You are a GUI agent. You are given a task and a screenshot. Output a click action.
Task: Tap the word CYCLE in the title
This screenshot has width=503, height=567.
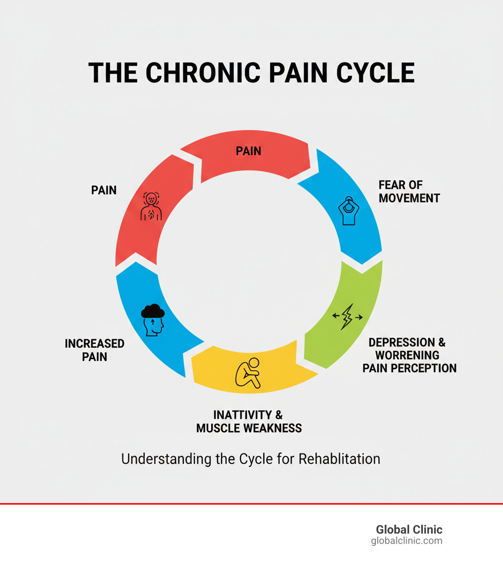pyautogui.click(x=376, y=73)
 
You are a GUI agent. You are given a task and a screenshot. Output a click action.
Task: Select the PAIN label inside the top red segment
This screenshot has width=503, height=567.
pyautogui.click(x=249, y=151)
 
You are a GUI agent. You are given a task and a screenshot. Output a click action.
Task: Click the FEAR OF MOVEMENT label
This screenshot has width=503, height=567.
pyautogui.click(x=409, y=192)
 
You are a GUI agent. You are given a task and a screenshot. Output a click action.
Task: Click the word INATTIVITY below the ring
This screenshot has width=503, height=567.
pyautogui.click(x=241, y=415)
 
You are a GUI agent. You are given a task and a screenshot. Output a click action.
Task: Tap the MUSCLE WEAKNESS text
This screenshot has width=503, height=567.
pyautogui.click(x=249, y=428)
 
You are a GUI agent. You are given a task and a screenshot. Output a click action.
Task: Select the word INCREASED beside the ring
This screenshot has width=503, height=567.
pyautogui.click(x=95, y=343)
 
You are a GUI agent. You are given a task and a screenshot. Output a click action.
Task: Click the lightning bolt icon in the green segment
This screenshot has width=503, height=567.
pyautogui.click(x=347, y=317)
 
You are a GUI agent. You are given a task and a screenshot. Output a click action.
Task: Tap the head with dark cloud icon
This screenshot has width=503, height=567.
pyautogui.click(x=153, y=320)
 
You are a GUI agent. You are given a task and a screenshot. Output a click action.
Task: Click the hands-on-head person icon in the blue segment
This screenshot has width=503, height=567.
pyautogui.click(x=349, y=210)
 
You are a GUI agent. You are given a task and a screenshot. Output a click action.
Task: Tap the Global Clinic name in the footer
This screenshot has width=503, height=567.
pyautogui.click(x=409, y=530)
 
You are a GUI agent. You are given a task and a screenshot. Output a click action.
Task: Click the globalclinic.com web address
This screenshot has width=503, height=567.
pyautogui.click(x=407, y=541)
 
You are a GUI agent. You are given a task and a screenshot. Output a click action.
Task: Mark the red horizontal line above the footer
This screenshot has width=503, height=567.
pyautogui.click(x=251, y=504)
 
